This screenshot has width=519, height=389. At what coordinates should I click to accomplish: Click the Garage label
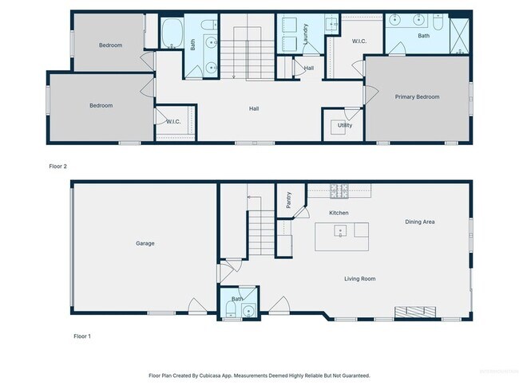point(145,243)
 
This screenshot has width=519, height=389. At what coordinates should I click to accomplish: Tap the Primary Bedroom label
point(417,96)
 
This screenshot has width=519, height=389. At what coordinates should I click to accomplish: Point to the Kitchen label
point(339,213)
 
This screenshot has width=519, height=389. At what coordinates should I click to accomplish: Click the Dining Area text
point(419,222)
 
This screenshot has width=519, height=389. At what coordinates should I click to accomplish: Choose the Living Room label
point(359,278)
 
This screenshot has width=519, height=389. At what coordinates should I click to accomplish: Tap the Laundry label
point(306,33)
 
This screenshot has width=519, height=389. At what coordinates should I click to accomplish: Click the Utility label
point(344,125)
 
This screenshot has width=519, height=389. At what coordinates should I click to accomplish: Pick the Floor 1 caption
point(81,336)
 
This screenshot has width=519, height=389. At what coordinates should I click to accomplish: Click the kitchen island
point(342,235)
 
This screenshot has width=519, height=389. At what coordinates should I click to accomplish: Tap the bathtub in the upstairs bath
point(172,33)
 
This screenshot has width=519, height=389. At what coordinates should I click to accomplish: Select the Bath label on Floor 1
point(236,299)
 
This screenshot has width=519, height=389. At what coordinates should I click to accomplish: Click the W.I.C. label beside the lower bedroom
point(173,121)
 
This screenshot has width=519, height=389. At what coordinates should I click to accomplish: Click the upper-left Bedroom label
point(110,45)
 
